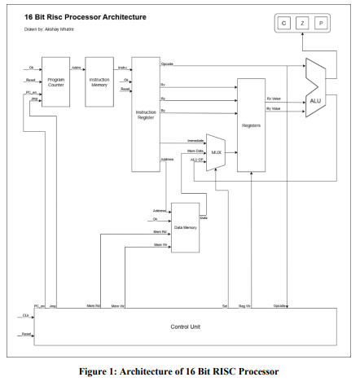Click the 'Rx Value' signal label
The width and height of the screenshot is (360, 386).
(274, 99)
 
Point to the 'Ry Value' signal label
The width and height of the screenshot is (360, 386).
(274, 107)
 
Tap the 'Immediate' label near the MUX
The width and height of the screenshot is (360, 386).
(195, 140)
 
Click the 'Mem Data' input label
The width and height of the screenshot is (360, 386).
(195, 150)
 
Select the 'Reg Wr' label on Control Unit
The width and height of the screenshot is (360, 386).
(244, 305)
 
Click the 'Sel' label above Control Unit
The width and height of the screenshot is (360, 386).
(224, 305)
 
